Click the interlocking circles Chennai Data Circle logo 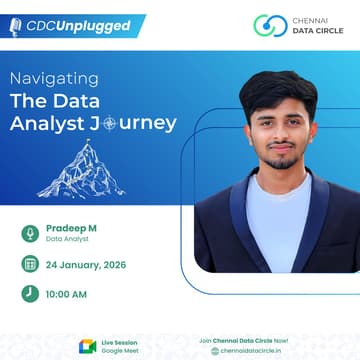(x=270, y=25)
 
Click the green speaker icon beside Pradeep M (x=30, y=233)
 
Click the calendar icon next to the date (x=30, y=264)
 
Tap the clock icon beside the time (x=30, y=294)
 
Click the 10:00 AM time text (x=67, y=294)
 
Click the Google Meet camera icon (x=87, y=346)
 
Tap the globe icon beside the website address (x=214, y=351)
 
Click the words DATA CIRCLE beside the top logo (x=317, y=31)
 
